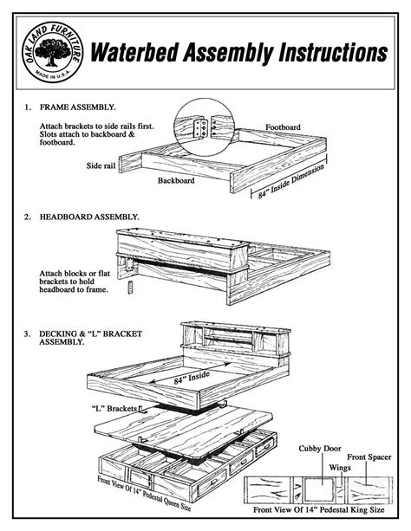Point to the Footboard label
pos(283,126)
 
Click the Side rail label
pos(102,164)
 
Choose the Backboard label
pos(176,182)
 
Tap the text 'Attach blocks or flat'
pos(75,274)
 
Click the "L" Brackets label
pos(111,407)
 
